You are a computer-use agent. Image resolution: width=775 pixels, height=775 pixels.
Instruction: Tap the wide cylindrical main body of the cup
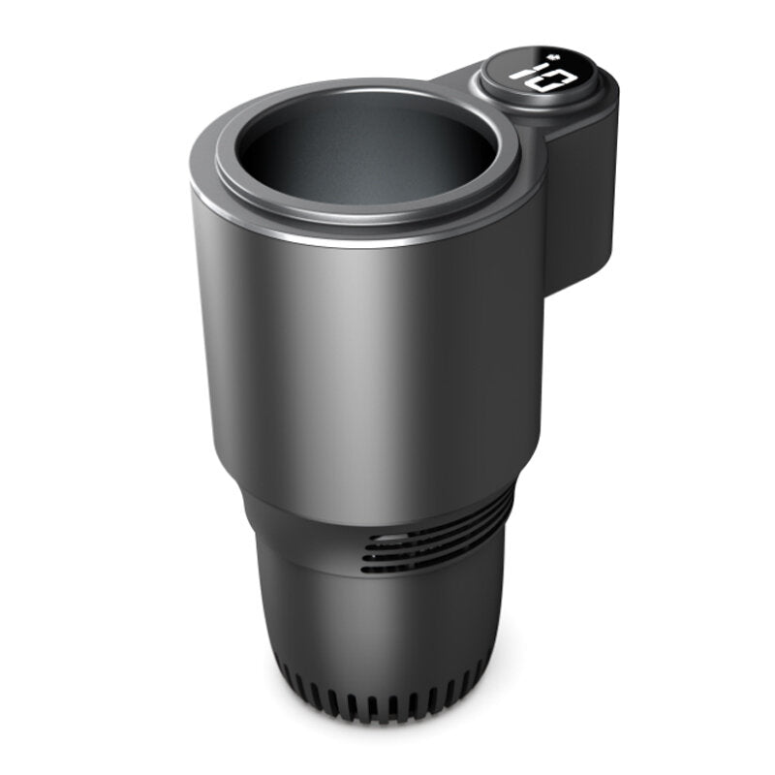click(x=368, y=368)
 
